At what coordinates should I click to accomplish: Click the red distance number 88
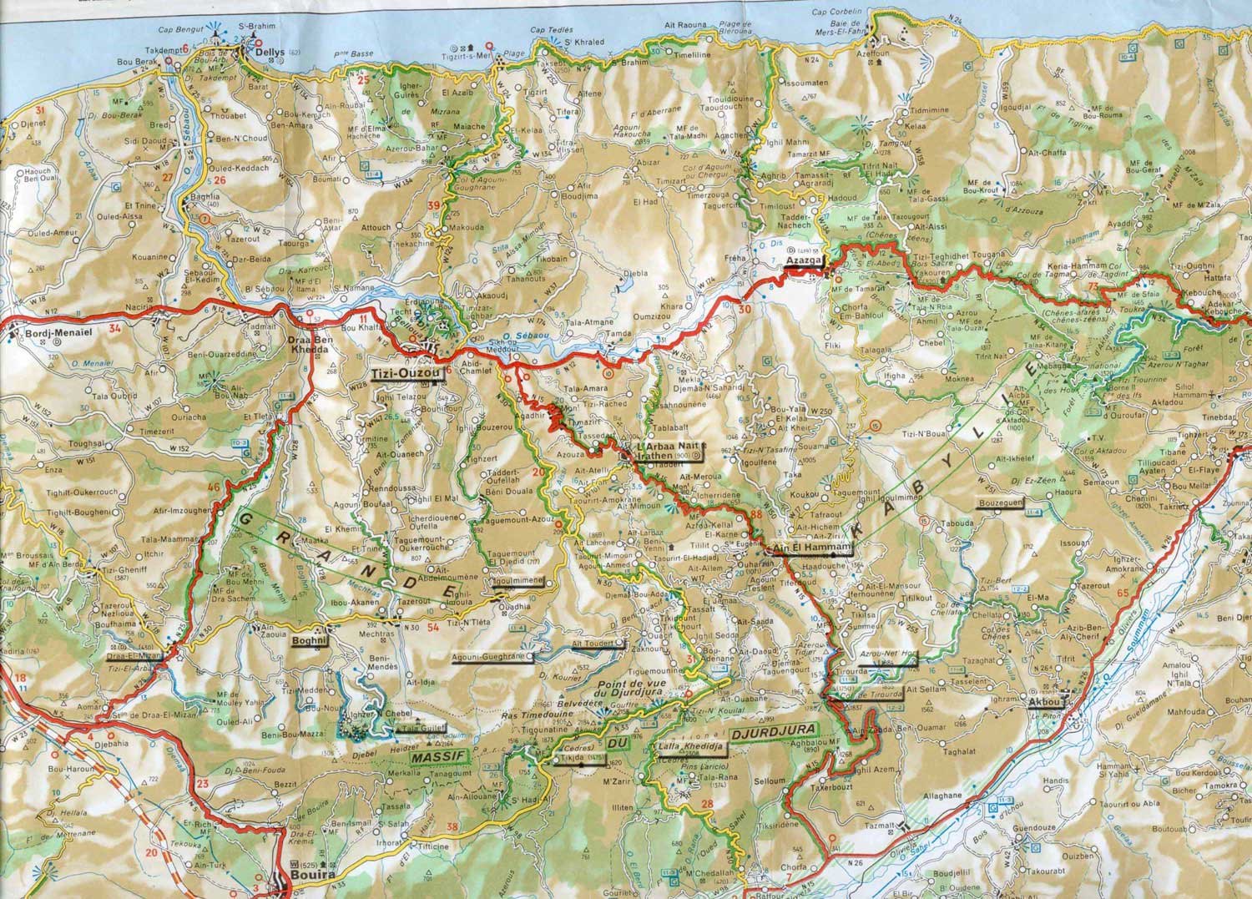756,514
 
